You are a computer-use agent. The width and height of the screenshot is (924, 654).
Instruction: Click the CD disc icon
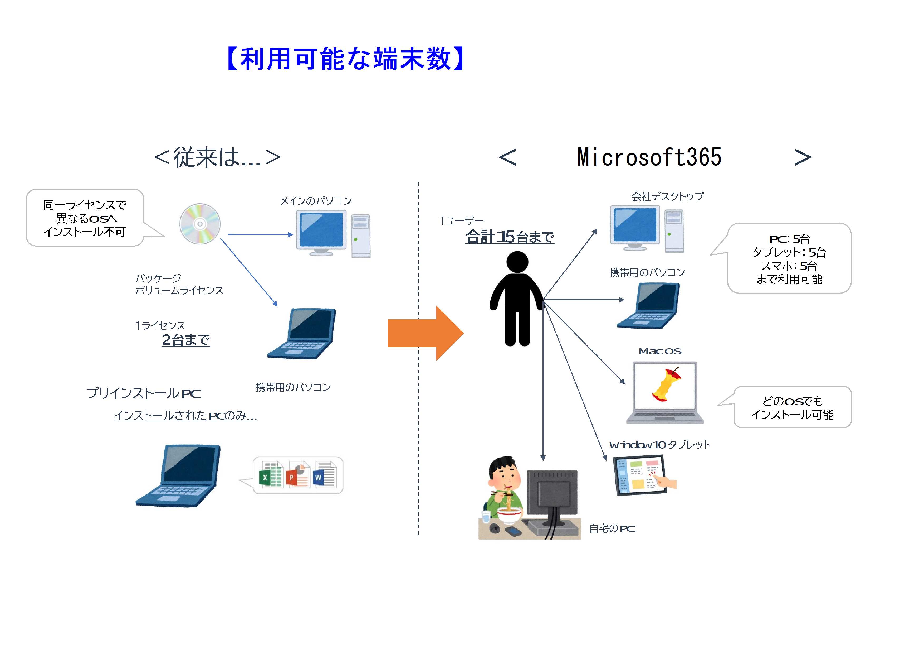click(x=200, y=224)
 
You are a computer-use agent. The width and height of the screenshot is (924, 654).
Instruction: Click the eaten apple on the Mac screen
click(x=666, y=384)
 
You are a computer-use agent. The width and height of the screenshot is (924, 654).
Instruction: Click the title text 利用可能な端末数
click(x=346, y=59)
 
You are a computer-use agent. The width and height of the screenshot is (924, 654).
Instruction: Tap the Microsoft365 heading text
click(x=649, y=157)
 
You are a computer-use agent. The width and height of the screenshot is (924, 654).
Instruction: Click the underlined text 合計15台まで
click(x=510, y=237)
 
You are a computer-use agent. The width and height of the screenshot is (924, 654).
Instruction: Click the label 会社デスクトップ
click(x=667, y=196)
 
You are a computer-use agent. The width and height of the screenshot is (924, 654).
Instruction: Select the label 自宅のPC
click(x=612, y=529)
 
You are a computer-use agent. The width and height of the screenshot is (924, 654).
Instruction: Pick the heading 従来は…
click(x=217, y=157)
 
